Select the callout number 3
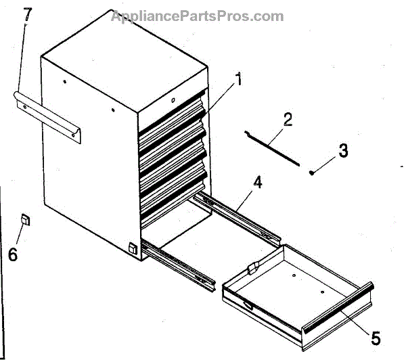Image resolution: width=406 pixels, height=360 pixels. (x=343, y=151)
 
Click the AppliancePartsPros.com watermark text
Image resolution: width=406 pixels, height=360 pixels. (x=197, y=16)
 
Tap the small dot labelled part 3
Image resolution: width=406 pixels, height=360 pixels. (x=312, y=173)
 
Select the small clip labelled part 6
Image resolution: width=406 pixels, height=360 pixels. (x=25, y=219)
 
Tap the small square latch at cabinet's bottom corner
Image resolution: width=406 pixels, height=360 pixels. (x=133, y=249)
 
